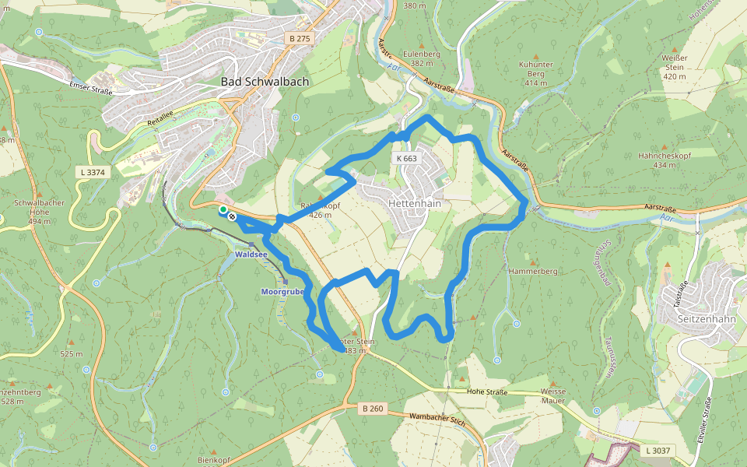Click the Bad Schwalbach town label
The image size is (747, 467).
click(265, 82)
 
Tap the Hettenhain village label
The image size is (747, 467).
click(414, 204)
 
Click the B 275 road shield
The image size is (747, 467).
click(299, 38)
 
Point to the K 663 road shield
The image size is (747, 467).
click(406, 159)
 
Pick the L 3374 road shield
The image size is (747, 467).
click(91, 171)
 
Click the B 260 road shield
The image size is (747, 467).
click(373, 408)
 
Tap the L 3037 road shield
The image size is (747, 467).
click(658, 450)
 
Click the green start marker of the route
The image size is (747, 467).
click(223, 209)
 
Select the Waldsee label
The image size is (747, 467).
click(251, 254)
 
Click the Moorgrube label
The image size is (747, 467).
click(282, 291)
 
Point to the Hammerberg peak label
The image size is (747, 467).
click(533, 272)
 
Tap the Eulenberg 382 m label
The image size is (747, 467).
click(421, 58)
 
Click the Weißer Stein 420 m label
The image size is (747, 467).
click(674, 66)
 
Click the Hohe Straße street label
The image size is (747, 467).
click(487, 392)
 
